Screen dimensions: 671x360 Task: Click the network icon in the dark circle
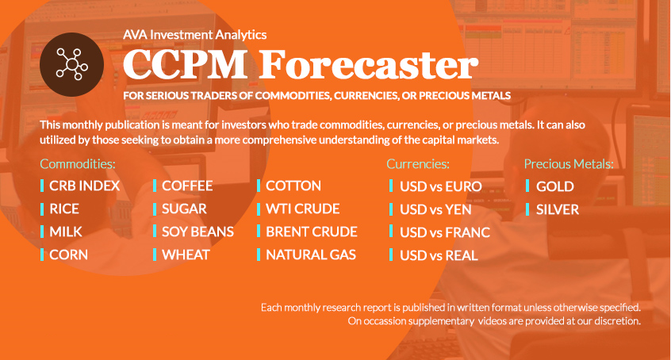[x=72, y=65]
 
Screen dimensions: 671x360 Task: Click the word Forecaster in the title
[x=369, y=65]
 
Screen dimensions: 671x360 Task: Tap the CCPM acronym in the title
[x=186, y=65]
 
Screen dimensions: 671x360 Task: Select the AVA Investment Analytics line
[x=194, y=35]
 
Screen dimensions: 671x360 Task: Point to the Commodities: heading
[x=78, y=164]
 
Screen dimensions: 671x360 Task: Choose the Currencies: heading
[x=418, y=164]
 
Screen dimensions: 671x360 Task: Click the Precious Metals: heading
[x=569, y=164]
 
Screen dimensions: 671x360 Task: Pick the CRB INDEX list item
[x=84, y=186]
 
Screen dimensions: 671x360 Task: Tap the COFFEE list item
[x=187, y=186]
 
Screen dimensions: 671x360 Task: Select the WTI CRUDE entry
[x=302, y=209]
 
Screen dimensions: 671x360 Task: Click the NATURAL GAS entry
[x=311, y=255]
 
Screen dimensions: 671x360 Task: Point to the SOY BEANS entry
[x=197, y=232]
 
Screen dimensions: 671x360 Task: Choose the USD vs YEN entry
[x=435, y=209]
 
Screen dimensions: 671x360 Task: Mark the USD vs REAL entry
[x=439, y=255]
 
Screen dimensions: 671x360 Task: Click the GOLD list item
[x=555, y=186]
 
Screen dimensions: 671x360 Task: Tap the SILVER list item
[x=558, y=209]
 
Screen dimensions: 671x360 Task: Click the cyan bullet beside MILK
[x=42, y=232]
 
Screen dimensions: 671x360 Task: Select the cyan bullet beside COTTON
[x=259, y=186]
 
